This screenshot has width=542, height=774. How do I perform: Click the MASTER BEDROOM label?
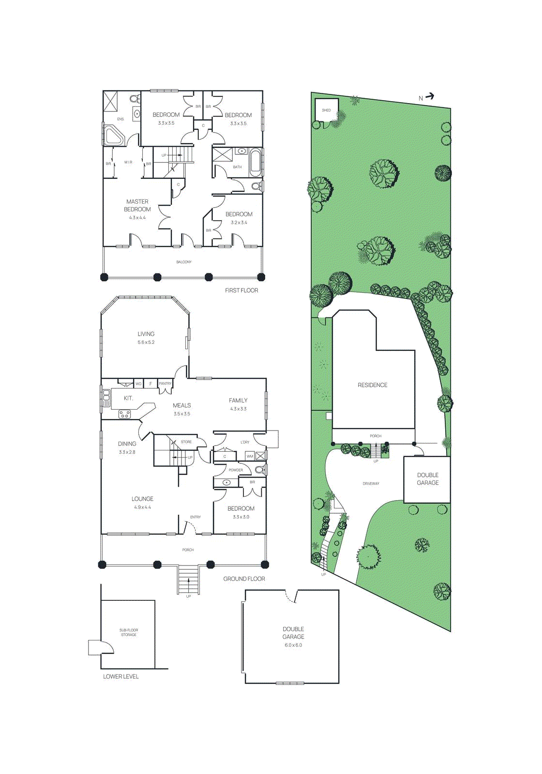pyautogui.click(x=137, y=206)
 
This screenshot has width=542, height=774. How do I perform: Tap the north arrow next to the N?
pyautogui.click(x=429, y=97)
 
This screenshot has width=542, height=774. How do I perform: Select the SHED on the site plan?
pyautogui.click(x=327, y=111)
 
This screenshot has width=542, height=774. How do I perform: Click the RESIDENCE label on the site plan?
pyautogui.click(x=373, y=385)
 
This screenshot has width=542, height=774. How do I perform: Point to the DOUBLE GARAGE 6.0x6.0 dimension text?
pyautogui.click(x=293, y=645)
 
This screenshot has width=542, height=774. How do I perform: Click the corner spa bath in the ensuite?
pyautogui.click(x=114, y=135)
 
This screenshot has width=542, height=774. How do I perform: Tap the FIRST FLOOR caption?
pyautogui.click(x=241, y=290)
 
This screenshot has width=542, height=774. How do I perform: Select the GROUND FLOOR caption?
pyautogui.click(x=244, y=579)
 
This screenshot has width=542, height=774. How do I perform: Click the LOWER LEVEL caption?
pyautogui.click(x=121, y=676)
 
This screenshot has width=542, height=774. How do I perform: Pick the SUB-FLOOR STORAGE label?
pyautogui.click(x=129, y=632)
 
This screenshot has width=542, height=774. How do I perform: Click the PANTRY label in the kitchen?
pyautogui.click(x=165, y=384)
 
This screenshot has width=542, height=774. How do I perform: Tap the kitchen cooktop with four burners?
pyautogui.click(x=124, y=414)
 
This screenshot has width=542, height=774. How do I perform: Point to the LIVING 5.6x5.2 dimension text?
pyautogui.click(x=146, y=342)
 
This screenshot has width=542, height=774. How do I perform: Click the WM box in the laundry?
pyautogui.click(x=250, y=456)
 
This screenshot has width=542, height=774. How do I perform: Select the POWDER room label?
pyautogui.click(x=236, y=470)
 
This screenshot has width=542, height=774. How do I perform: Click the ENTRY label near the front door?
pyautogui.click(x=196, y=517)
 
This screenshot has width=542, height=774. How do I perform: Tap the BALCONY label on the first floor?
pyautogui.click(x=184, y=262)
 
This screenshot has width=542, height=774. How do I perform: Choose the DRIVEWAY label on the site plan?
pyautogui.click(x=371, y=484)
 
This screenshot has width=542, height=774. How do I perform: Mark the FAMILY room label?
pyautogui.click(x=238, y=401)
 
